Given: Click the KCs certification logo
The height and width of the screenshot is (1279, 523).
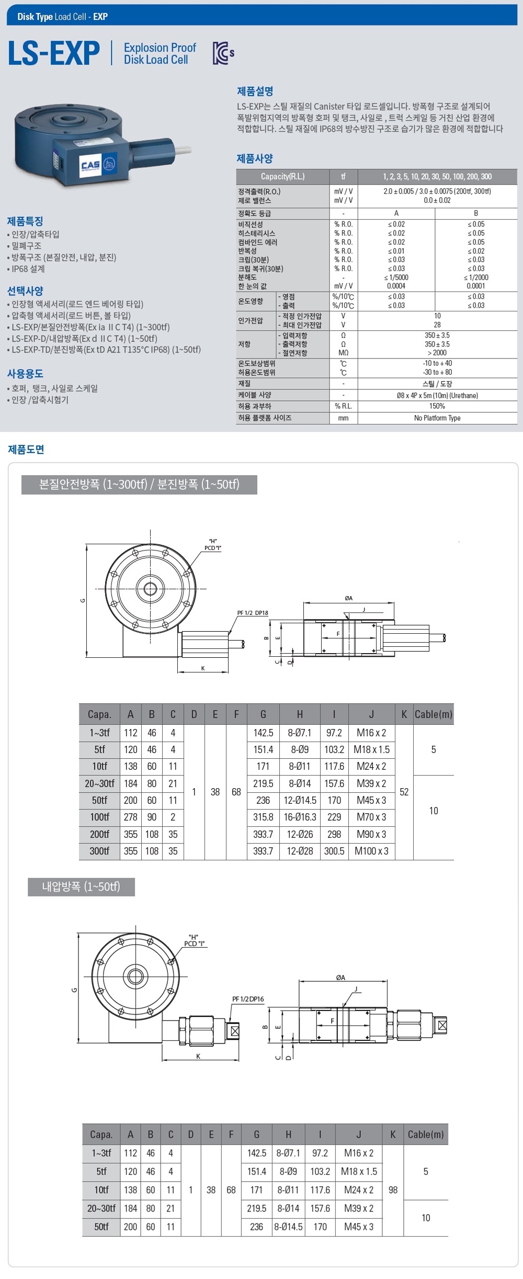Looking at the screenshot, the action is pos(223,53).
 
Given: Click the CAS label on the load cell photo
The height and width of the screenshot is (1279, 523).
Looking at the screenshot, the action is pos(90,165).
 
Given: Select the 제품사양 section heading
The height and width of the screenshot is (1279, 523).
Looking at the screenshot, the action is pos(255,158).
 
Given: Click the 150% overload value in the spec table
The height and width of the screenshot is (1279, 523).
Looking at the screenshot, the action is pos(437,406).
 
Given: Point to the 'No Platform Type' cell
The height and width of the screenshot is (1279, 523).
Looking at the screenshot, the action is pos(437,418).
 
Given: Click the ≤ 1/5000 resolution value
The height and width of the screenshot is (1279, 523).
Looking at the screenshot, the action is pos(396,277).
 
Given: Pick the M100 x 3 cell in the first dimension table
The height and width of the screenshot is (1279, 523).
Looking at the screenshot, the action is pos(371,851).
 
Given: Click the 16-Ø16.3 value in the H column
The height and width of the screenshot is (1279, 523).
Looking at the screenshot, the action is pos(300,817).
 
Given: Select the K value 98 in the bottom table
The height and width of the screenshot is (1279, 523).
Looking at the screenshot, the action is pos(393,1190).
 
